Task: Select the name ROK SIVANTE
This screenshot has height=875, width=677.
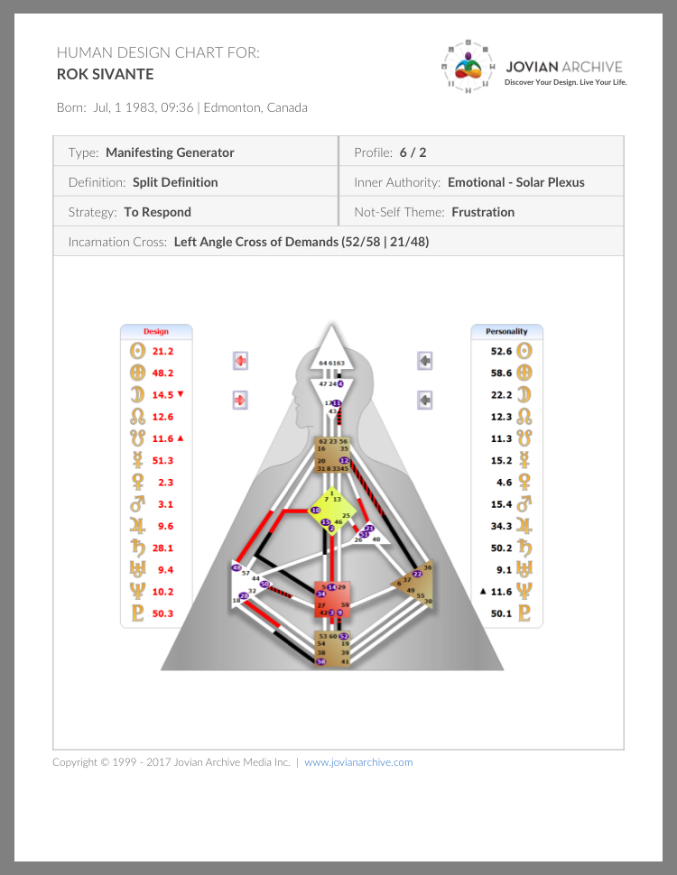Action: [x=105, y=74]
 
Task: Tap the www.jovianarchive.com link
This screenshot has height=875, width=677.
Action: [x=358, y=762]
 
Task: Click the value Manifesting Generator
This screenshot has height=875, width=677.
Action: [x=170, y=152]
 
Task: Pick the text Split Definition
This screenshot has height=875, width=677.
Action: [x=175, y=182]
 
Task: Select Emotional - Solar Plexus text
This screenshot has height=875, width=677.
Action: [x=516, y=182]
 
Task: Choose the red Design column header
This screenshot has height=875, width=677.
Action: [x=156, y=331]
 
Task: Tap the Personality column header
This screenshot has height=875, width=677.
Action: [x=506, y=331]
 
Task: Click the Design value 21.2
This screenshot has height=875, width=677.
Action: [x=162, y=351]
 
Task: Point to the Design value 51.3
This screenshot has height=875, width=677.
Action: [x=162, y=460]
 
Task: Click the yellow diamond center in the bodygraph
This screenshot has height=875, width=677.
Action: [x=331, y=512]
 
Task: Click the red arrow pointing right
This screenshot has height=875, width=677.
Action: [x=241, y=399]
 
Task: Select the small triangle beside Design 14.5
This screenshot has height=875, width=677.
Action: [x=181, y=394]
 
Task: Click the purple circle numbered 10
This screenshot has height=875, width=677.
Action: [x=316, y=511]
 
